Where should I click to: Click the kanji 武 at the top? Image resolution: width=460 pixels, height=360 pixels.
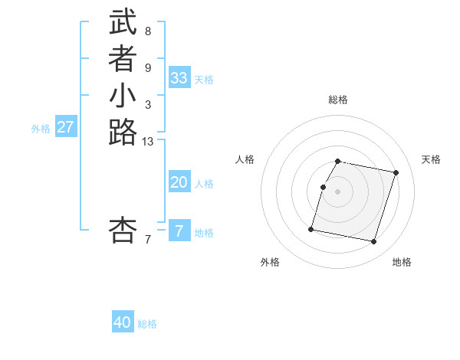123,22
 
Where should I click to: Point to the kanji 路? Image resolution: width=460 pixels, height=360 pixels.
123,133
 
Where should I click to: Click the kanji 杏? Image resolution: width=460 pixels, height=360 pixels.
123,230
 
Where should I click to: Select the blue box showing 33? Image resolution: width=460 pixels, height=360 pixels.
179,78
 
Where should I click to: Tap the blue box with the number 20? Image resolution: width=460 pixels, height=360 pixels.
179,182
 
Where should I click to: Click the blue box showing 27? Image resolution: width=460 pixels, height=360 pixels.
66,127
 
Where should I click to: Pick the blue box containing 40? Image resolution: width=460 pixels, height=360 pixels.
123,322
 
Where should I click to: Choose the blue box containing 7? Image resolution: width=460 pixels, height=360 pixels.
179,231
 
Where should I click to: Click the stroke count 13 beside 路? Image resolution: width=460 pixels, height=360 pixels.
148,141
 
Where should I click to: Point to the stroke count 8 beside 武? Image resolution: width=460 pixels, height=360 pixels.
147,31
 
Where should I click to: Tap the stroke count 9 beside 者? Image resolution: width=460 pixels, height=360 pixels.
147,68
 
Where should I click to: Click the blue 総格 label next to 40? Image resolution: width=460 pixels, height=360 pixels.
147,324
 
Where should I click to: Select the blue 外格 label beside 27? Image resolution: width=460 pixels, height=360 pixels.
41,129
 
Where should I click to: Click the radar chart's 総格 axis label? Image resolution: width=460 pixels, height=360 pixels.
338,100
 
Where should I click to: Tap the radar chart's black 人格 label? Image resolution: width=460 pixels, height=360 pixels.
245,159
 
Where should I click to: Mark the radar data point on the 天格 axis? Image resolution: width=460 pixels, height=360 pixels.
396,172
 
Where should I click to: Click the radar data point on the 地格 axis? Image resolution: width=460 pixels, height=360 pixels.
373,242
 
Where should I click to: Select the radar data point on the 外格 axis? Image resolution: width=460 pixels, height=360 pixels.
311,228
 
